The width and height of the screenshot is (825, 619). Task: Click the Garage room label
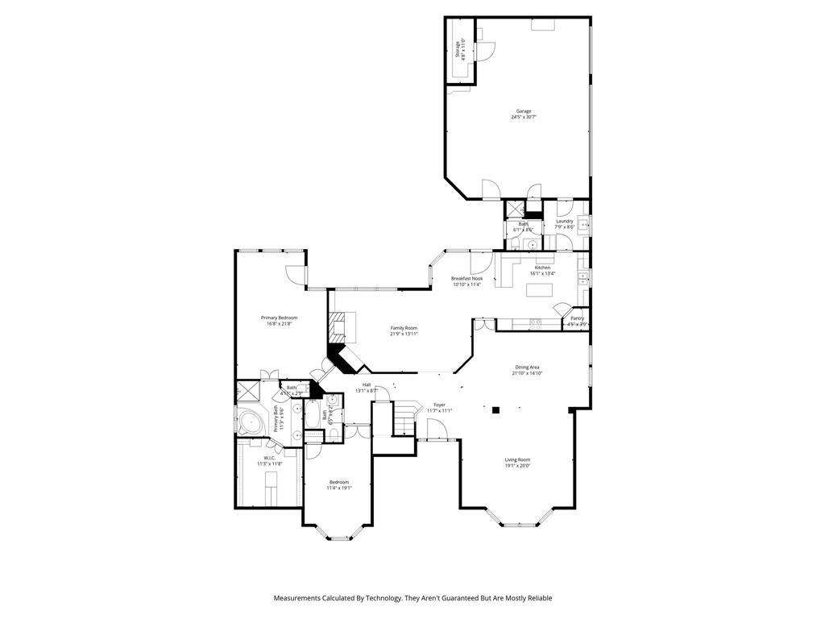(x=524, y=111)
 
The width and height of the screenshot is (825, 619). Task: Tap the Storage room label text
(x=457, y=50)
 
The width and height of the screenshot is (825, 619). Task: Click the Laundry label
(x=564, y=221)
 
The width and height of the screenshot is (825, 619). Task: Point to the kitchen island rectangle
(x=539, y=289)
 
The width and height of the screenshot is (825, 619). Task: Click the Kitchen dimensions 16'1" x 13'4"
(x=542, y=273)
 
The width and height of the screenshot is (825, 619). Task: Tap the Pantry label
(x=577, y=318)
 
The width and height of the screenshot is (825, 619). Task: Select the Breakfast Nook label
(x=466, y=278)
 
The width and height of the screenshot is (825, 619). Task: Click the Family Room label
(x=404, y=328)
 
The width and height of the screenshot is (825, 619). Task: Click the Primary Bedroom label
(x=279, y=318)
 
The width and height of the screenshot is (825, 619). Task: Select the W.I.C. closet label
(x=268, y=459)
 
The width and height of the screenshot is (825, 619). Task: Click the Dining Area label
(x=527, y=367)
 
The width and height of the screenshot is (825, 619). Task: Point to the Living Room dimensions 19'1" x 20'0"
(x=517, y=465)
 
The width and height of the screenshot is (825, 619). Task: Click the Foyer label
(x=439, y=405)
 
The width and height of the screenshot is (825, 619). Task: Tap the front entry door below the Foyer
(x=437, y=440)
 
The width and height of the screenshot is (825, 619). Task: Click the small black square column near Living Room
(x=497, y=410)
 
